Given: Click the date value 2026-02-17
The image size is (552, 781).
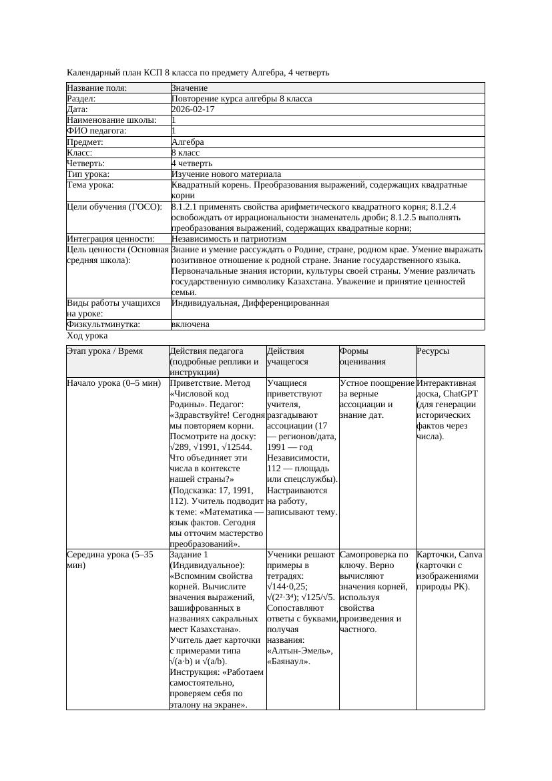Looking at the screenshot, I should pos(193,109).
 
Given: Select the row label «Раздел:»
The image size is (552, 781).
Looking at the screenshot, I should pos(83,99).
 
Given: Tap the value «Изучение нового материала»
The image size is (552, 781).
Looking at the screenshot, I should pos(226,174).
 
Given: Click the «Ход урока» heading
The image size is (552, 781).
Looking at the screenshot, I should pos(87,336).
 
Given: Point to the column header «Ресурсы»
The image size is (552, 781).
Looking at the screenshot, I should pos(433,351).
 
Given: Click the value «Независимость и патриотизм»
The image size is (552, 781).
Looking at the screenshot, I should pos(228,239).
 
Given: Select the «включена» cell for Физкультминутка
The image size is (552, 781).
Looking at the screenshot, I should pos(190,324).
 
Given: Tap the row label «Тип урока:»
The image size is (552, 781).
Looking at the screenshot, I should pos(88,174).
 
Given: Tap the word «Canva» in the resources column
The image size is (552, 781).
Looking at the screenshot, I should pos(471,555).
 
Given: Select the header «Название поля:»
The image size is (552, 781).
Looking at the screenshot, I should pos(96,88).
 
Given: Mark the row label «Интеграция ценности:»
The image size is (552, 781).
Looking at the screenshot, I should pos(111,239).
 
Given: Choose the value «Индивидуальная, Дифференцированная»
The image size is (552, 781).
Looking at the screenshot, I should pos(250,303).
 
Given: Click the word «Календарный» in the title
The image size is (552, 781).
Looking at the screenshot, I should pos(92,72).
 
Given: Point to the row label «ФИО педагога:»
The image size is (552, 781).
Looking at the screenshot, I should pos(97,132).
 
